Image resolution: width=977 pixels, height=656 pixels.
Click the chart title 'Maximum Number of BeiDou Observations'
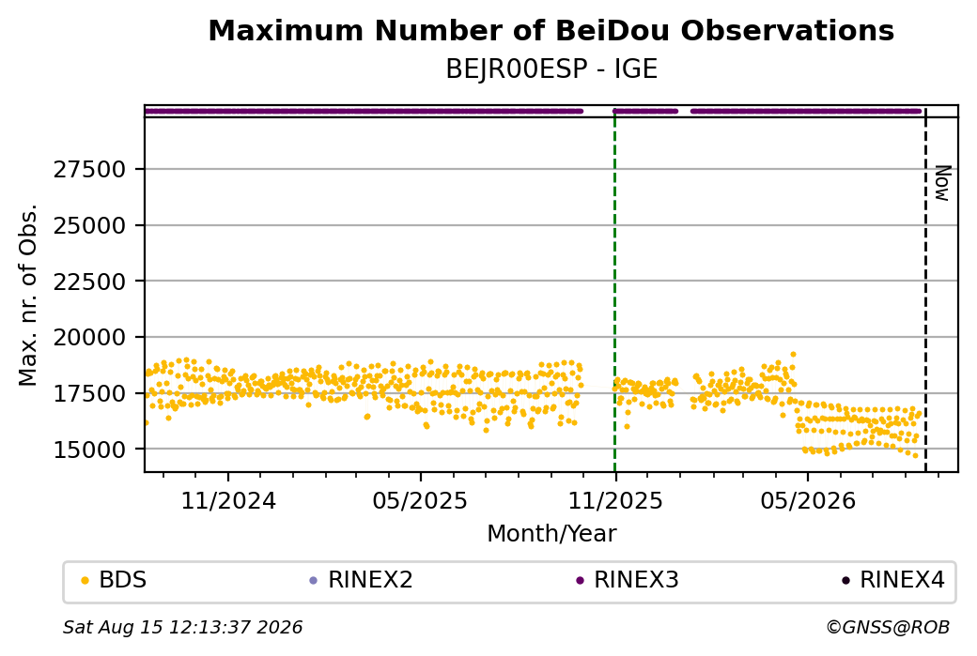(551, 30)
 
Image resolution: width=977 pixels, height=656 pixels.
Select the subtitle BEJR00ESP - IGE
(551, 69)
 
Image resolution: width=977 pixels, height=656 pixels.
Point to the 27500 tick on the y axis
(89, 169)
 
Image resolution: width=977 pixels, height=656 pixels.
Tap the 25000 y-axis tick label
(89, 225)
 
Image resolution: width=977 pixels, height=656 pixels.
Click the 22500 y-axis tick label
(89, 282)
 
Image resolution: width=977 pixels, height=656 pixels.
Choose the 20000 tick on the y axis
(89, 337)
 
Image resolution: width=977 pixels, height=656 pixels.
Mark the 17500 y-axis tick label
(89, 393)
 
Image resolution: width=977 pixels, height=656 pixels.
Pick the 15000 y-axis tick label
(89, 450)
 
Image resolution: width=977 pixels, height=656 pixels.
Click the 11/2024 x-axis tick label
(228, 500)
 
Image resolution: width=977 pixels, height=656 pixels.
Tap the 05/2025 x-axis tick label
(420, 500)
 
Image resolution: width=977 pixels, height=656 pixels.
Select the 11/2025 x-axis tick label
(615, 500)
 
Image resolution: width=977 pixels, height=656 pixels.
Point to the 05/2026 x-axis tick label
(808, 500)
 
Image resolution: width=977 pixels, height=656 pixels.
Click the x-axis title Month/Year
(551, 534)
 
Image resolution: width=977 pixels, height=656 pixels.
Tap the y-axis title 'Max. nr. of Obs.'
(28, 295)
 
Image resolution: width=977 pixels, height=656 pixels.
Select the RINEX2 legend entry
(362, 580)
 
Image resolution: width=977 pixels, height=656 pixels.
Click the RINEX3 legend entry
(628, 580)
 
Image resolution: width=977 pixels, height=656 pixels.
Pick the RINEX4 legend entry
(893, 580)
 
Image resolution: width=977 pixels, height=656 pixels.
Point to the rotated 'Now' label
(943, 183)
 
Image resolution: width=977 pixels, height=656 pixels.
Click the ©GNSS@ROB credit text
(888, 627)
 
